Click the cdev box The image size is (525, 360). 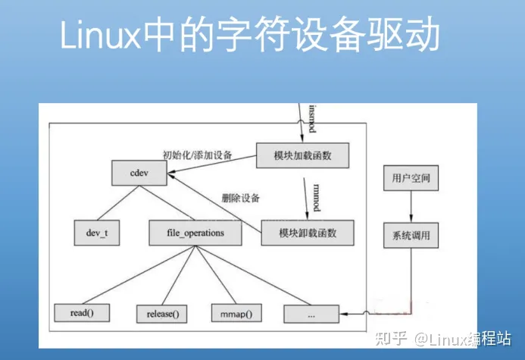(x=139, y=173)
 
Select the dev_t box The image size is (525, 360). (x=97, y=233)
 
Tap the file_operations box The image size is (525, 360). (x=195, y=233)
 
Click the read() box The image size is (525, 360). (x=81, y=311)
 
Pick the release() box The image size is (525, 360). (x=161, y=312)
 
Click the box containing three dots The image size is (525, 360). (x=311, y=312)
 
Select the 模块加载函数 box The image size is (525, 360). (x=303, y=155)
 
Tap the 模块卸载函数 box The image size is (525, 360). (x=308, y=233)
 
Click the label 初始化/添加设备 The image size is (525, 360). (x=198, y=154)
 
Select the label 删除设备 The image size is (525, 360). (x=240, y=199)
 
